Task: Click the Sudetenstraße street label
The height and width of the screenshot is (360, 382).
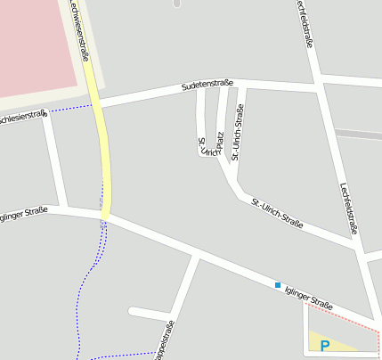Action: pos(207,85)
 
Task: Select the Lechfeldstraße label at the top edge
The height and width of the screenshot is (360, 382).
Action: pos(305,22)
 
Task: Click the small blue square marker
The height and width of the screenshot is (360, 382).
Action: pos(278,285)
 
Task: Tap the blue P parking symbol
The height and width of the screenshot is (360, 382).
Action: pos(325,346)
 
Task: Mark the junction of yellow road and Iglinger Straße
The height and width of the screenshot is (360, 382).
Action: pos(106,215)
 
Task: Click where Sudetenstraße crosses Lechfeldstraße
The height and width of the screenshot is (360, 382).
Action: pos(318,88)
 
